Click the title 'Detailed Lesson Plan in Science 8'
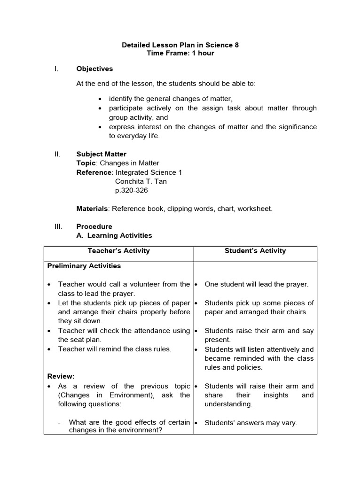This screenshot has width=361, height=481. pyautogui.click(x=180, y=45)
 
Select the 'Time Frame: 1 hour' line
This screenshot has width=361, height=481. pyautogui.click(x=180, y=54)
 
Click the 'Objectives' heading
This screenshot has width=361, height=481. pyautogui.click(x=94, y=69)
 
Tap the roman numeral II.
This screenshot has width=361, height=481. pyautogui.click(x=57, y=154)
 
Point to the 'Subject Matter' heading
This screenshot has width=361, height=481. pyautogui.click(x=101, y=154)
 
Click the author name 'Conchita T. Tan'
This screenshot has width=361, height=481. pyautogui.click(x=141, y=181)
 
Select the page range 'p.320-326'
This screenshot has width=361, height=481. pyautogui.click(x=131, y=191)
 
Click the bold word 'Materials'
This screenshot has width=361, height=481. pyautogui.click(x=92, y=209)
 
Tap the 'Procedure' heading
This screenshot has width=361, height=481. pyautogui.click(x=94, y=226)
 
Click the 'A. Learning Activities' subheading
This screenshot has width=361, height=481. pyautogui.click(x=114, y=235)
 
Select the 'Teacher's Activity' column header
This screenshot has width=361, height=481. pyautogui.click(x=118, y=251)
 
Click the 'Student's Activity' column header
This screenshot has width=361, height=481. pyautogui.click(x=255, y=251)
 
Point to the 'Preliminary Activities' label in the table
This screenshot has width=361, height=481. pyautogui.click(x=84, y=266)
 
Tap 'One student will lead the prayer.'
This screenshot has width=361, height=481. pyautogui.click(x=256, y=284)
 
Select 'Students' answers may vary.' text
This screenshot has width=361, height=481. pyautogui.click(x=251, y=423)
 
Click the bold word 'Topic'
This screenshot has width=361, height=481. pyautogui.click(x=86, y=163)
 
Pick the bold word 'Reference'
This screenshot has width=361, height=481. pyautogui.click(x=94, y=172)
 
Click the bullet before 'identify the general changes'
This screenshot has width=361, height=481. pyautogui.click(x=101, y=99)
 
